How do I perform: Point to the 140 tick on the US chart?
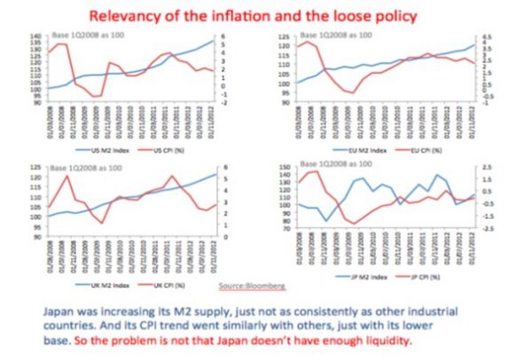[34, 36]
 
